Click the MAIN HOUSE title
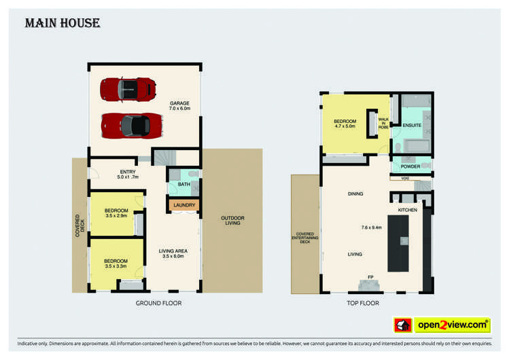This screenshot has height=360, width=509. click(63, 24)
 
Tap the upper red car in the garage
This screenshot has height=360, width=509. click(128, 89)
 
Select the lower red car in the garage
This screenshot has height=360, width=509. click(126, 125)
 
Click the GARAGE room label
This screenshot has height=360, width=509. click(180, 106)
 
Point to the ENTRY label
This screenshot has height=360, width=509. click(127, 175)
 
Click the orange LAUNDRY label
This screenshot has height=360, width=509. click(184, 205)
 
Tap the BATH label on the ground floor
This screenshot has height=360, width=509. click(184, 184)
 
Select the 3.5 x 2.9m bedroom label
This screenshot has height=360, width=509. click(116, 213)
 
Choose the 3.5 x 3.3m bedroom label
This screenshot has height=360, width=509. click(116, 264)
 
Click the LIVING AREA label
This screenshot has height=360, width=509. click(173, 253)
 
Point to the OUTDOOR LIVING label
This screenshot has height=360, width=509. click(232, 221)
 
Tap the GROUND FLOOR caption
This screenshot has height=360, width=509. click(158, 303)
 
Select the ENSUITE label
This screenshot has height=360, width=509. click(412, 126)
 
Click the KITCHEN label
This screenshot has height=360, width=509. click(408, 211)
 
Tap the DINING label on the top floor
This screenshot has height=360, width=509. click(355, 194)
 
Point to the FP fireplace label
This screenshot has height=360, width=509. click(371, 277)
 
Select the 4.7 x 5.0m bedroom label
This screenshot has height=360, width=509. click(346, 123)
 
